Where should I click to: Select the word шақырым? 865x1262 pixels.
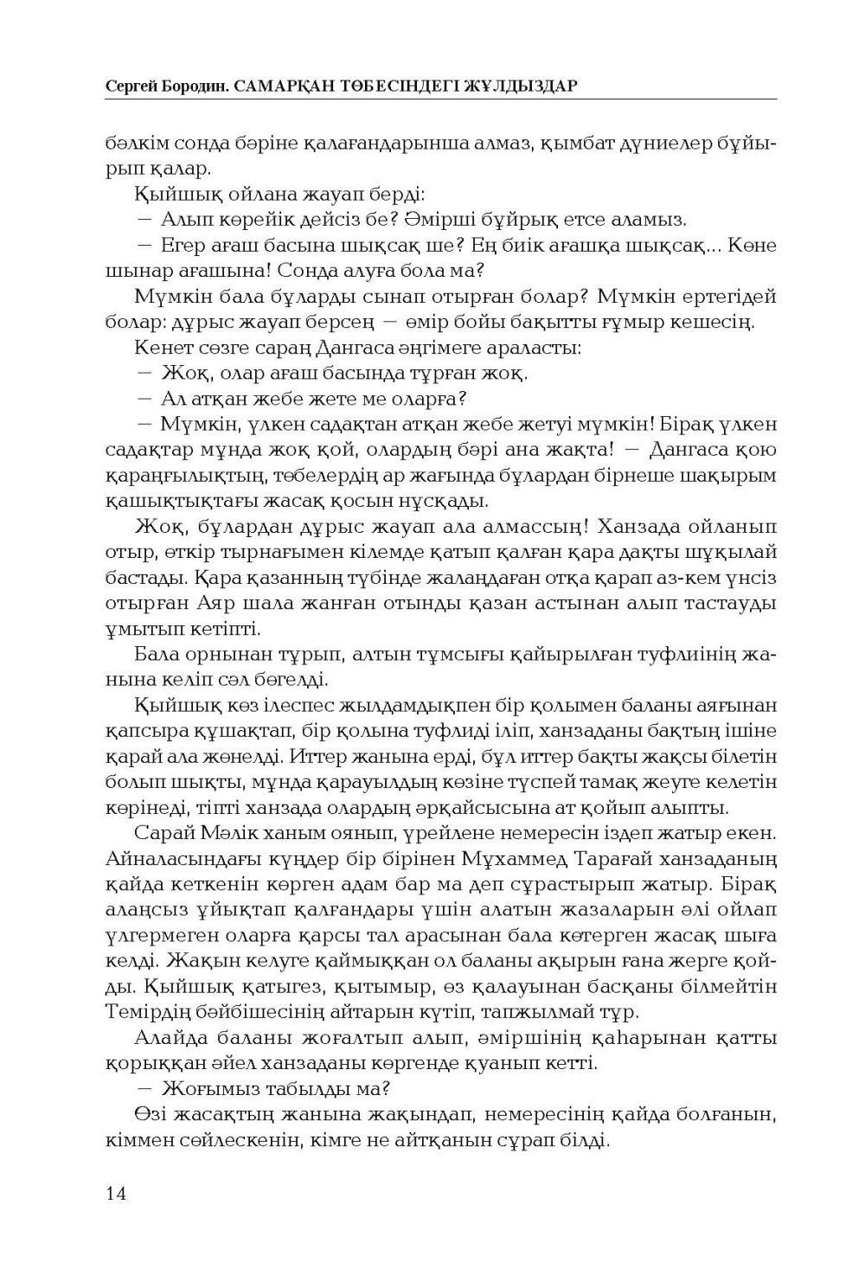point(727,476)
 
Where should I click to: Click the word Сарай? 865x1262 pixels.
point(163,833)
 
